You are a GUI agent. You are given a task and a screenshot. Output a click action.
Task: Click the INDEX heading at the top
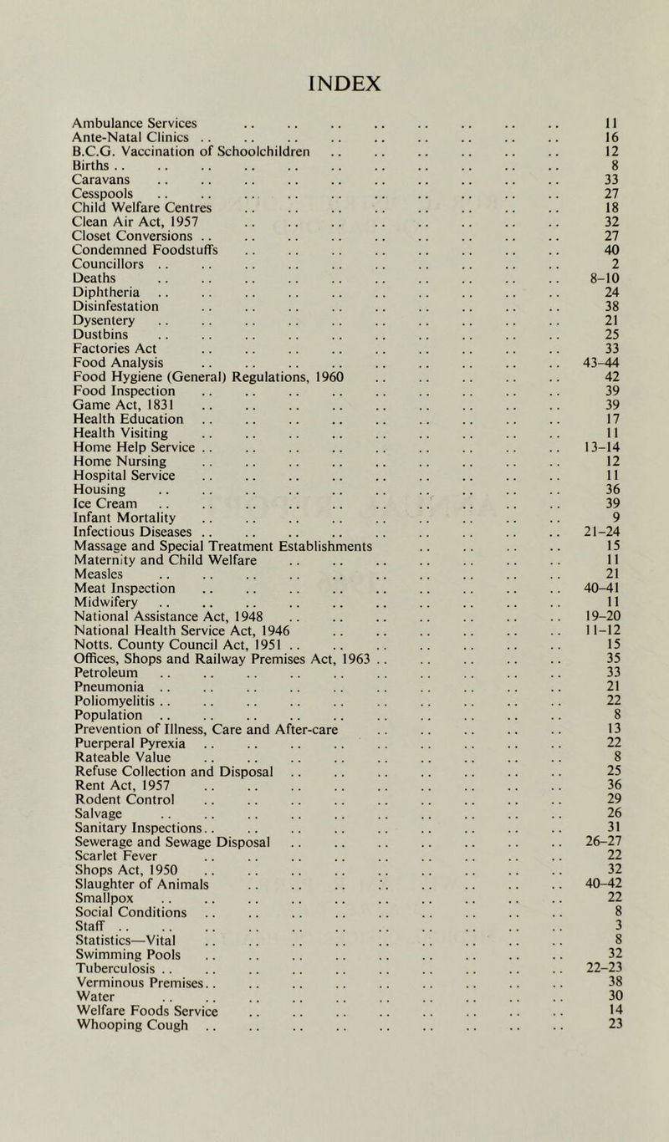(334, 84)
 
